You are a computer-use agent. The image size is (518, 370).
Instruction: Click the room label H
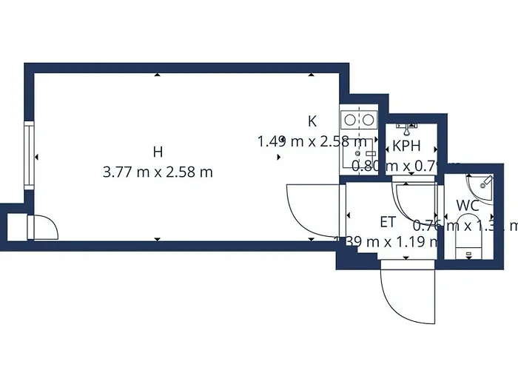[x=157, y=152]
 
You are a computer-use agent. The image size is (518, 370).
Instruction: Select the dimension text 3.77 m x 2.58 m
[x=158, y=172]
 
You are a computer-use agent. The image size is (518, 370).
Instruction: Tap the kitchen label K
[x=312, y=121]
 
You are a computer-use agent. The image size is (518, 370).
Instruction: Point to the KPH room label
[x=406, y=146]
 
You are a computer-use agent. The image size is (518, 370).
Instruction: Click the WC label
[x=467, y=205]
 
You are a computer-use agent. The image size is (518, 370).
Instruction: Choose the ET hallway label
[x=388, y=221]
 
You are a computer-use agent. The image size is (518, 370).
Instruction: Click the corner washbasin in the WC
[x=480, y=181]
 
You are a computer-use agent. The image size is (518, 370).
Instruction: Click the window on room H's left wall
[x=28, y=157]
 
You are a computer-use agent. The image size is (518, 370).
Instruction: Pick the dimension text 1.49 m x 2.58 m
[x=312, y=141]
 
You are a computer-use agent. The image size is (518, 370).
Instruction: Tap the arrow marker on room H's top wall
[x=157, y=75]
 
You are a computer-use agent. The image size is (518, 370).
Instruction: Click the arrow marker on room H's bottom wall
[x=157, y=239]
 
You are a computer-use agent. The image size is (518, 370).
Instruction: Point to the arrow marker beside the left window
[x=38, y=157]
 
